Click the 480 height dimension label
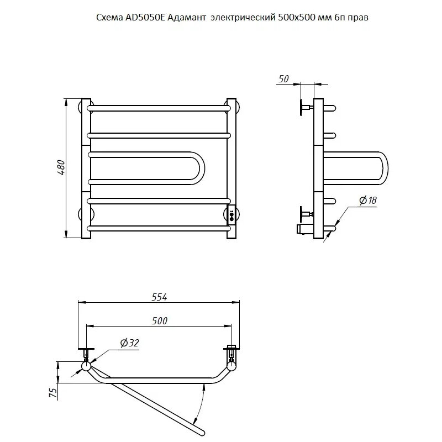[61, 168]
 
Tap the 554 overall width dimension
[159, 297]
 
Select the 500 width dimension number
[160, 321]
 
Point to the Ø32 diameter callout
[129, 343]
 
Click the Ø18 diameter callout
[368, 201]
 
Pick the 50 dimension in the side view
[283, 79]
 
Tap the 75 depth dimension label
[53, 392]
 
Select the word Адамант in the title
[187, 18]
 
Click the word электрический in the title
[243, 18]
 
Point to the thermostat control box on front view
[231, 215]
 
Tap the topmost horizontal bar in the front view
[159, 108]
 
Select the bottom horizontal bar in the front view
[159, 228]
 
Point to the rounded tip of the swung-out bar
[202, 433]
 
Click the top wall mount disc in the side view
[302, 107]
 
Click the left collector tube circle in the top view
[86, 366]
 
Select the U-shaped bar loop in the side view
[386, 169]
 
